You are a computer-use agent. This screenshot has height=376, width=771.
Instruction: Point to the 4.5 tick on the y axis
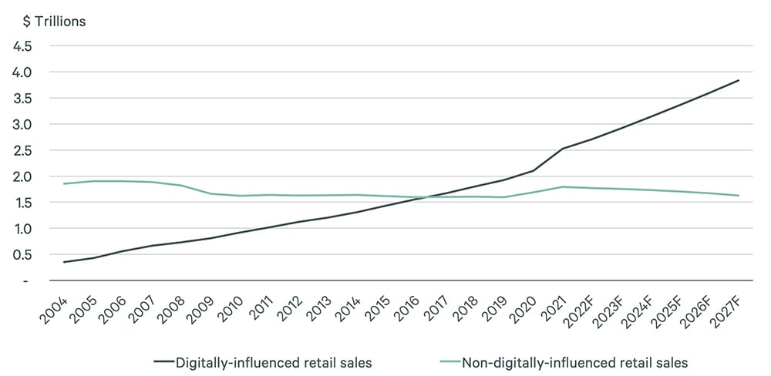[x=21, y=45]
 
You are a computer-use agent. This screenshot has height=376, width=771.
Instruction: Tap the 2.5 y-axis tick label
[x=21, y=150]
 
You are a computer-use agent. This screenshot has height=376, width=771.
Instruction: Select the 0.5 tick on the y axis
[x=21, y=255]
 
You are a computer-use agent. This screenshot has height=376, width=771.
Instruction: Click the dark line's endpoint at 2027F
[x=739, y=80]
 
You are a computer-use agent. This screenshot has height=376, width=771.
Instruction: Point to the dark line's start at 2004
[x=64, y=262]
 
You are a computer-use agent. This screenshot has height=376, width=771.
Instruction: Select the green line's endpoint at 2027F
[x=739, y=195]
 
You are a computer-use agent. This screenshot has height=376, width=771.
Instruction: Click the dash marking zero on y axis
[x=26, y=281]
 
